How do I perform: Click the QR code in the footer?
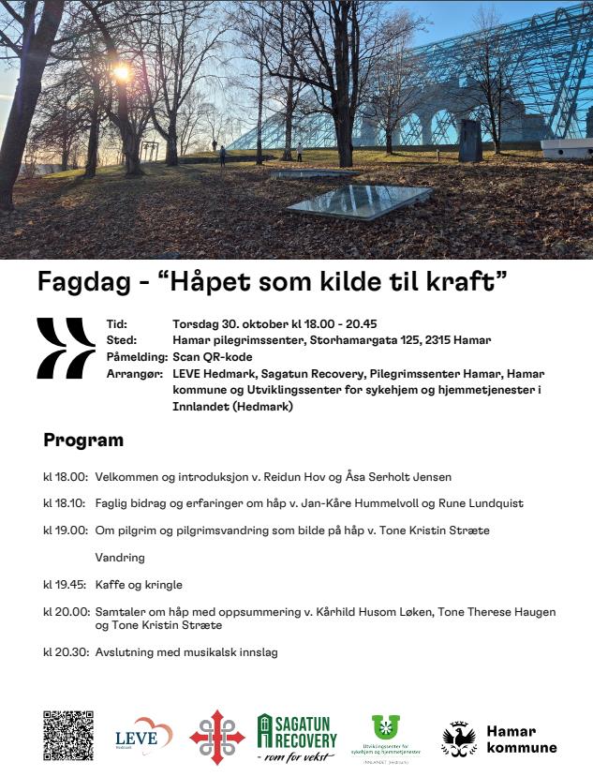[67, 736]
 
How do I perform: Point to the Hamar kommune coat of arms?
[459, 739]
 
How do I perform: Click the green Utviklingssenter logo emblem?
[385, 727]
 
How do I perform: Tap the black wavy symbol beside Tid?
[66, 348]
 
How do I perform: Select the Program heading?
[83, 441]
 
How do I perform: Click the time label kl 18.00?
[65, 477]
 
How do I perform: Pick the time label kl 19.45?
[65, 585]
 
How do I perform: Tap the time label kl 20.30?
[65, 652]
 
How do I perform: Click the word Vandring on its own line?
[120, 558]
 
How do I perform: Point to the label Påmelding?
[137, 357]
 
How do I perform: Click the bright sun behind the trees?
[121, 72]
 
